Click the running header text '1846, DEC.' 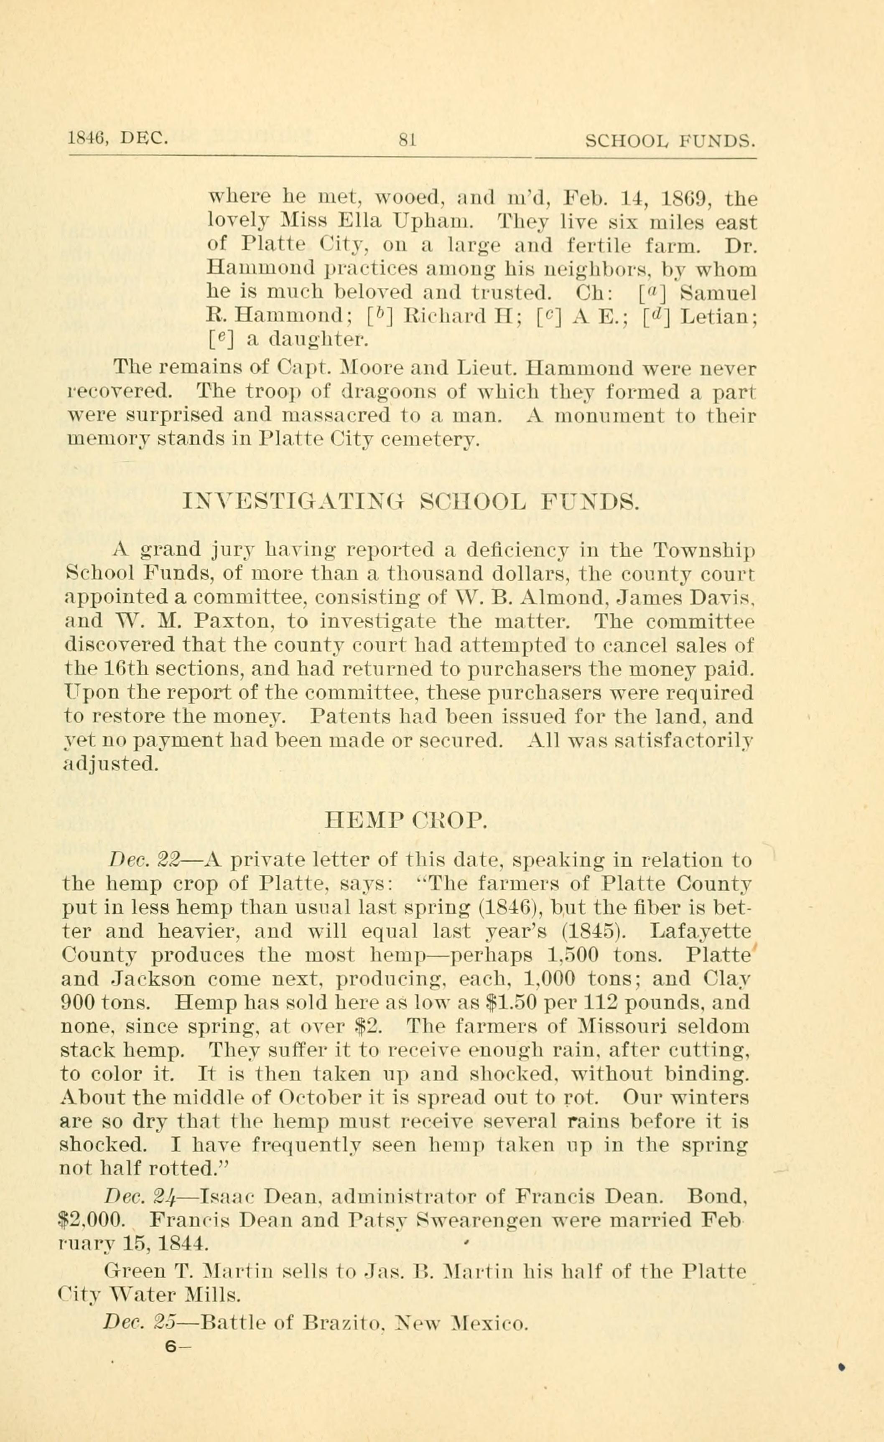pos(118,139)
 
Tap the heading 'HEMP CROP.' pos(406,821)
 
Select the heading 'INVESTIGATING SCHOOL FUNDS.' pos(410,503)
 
